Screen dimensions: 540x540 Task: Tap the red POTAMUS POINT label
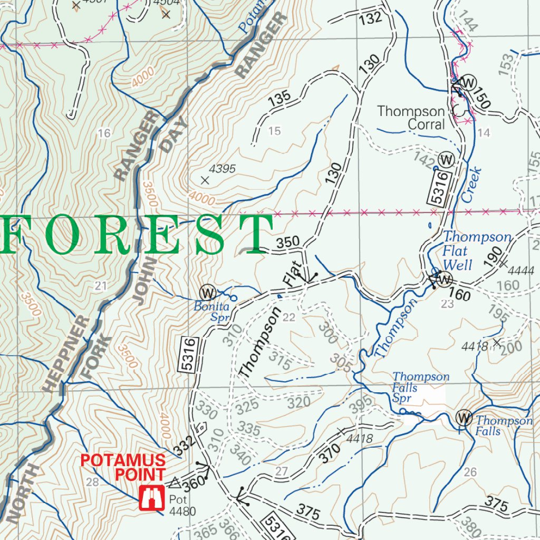(123, 467)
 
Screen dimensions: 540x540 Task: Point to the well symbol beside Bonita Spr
(208, 292)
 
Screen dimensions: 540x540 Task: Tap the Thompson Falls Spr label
(420, 387)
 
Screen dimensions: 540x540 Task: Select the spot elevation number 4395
(223, 169)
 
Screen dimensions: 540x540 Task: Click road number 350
(288, 242)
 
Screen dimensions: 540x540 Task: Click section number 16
(104, 133)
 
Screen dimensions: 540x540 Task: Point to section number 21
(101, 286)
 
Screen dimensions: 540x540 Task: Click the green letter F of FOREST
(12, 233)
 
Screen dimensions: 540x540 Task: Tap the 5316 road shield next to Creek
(439, 188)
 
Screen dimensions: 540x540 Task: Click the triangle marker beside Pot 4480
(175, 483)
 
